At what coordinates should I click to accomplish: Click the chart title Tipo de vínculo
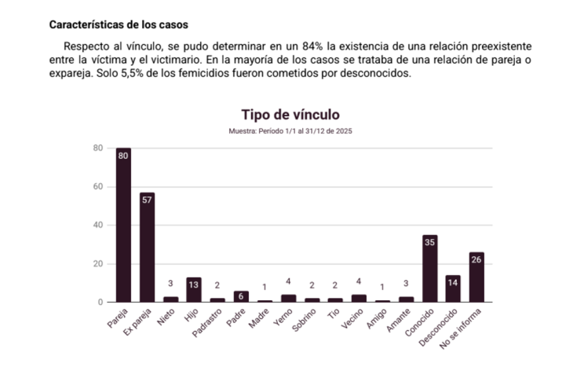pyautogui.click(x=290, y=115)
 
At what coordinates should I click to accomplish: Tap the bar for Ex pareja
pyautogui.click(x=147, y=247)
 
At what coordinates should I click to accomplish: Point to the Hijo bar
pyautogui.click(x=194, y=290)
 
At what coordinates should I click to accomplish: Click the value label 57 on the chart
pyautogui.click(x=147, y=200)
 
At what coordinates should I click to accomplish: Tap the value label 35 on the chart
pyautogui.click(x=429, y=242)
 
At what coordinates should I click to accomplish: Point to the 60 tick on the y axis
pyautogui.click(x=98, y=186)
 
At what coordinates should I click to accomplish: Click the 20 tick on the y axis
pyautogui.click(x=98, y=263)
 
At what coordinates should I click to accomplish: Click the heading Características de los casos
pyautogui.click(x=119, y=24)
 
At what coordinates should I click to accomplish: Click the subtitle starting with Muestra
pyautogui.click(x=290, y=131)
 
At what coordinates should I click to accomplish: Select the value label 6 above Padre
pyautogui.click(x=241, y=297)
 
